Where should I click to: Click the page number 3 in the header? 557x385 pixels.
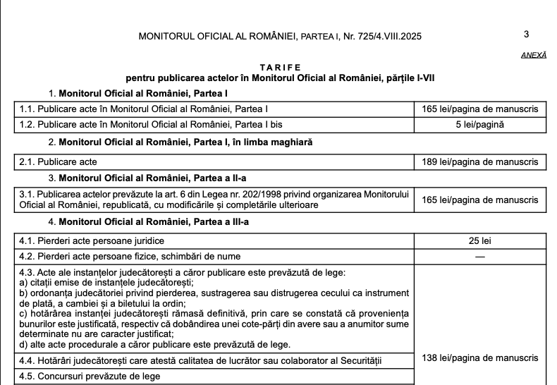(527, 34)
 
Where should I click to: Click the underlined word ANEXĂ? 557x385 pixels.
(533, 54)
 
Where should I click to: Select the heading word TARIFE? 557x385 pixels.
(279, 66)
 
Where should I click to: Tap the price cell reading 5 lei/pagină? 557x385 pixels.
(479, 124)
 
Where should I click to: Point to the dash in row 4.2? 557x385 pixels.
(479, 256)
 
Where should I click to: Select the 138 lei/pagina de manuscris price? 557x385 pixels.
(479, 358)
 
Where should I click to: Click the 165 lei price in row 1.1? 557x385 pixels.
(479, 109)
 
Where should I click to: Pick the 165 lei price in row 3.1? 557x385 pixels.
(479, 200)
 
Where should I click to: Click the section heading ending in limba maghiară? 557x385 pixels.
(186, 142)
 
